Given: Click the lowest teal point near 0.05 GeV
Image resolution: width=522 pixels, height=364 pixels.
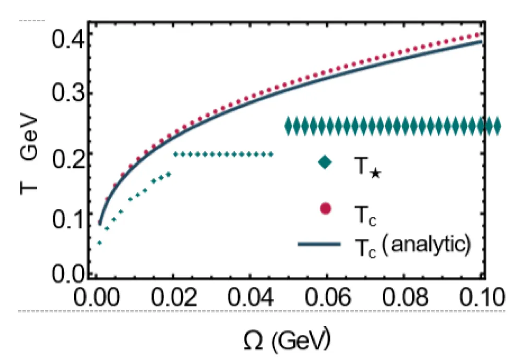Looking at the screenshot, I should click(x=99, y=243).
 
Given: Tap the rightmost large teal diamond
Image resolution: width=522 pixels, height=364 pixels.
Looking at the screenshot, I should click(x=496, y=126).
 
